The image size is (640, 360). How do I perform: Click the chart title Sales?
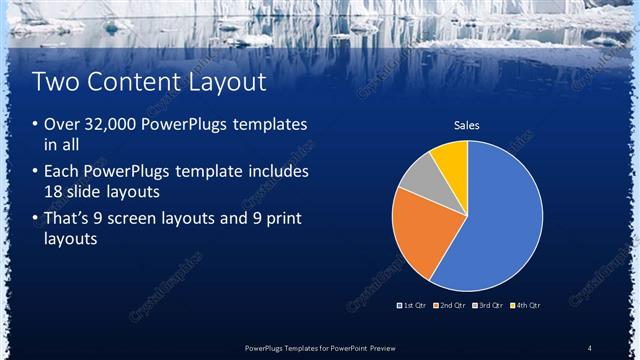click(467, 126)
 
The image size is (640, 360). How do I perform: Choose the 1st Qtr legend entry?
click(413, 304)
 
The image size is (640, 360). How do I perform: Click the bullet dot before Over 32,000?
click(36, 126)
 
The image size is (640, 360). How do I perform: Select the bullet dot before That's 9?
click(36, 218)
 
